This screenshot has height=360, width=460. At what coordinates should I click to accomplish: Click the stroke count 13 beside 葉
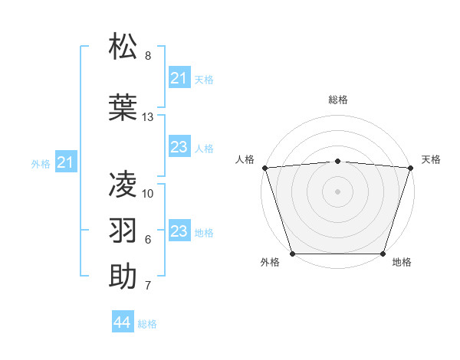point(148,117)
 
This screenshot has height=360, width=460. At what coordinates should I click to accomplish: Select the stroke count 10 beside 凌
point(148,194)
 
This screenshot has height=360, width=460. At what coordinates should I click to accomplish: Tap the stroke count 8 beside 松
point(148,56)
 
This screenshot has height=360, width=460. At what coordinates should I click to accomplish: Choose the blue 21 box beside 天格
point(179,78)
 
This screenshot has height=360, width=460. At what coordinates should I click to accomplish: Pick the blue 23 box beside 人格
point(179,148)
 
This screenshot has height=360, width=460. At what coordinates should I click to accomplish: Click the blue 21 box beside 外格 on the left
point(66,162)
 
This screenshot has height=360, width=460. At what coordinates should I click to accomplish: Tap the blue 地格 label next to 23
point(204,233)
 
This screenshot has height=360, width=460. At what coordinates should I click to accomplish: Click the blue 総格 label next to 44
point(147,324)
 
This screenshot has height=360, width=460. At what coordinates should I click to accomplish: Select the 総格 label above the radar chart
point(337,100)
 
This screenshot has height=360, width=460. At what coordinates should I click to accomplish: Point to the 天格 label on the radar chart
point(431,159)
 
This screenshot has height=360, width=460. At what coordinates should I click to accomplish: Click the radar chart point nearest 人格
point(264,168)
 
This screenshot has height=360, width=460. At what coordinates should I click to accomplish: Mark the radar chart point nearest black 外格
point(292,254)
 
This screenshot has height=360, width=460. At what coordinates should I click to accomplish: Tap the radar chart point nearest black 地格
point(383,254)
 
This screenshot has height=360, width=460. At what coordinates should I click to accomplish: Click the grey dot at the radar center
point(337,191)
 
